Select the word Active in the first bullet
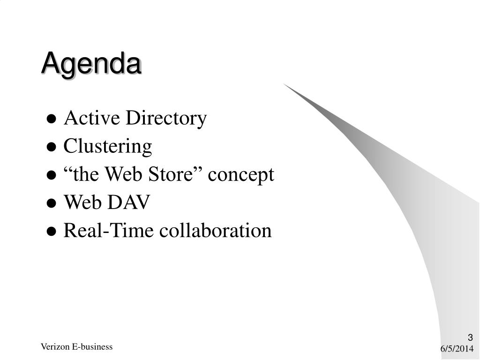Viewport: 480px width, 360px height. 92,118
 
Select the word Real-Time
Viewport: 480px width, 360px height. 108,230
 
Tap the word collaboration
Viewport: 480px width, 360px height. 215,230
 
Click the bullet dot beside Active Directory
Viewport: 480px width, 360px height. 52,119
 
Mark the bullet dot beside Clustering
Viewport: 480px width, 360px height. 52,147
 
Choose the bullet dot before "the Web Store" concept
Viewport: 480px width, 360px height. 52,175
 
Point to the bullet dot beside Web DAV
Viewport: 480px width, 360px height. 52,203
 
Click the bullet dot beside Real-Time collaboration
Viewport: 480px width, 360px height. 52,232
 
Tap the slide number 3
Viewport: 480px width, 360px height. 470,337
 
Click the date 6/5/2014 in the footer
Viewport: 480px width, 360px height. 457,349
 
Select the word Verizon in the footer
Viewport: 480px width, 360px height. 55,346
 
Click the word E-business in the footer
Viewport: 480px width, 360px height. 92,346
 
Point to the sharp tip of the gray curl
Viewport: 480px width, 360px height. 284,83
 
